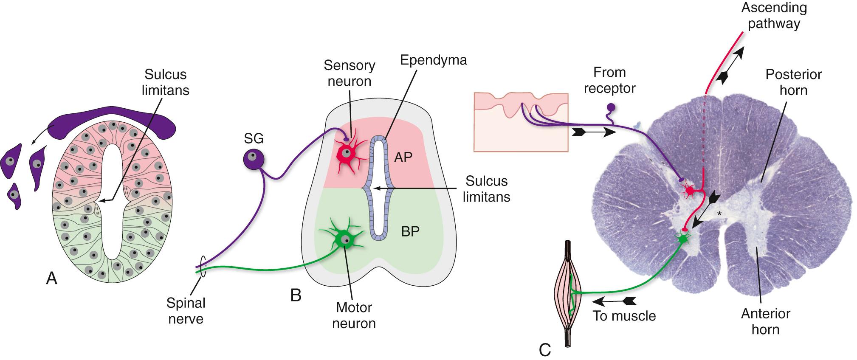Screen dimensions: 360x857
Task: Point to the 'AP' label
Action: pos(403,157)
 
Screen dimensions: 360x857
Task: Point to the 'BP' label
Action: pos(410,231)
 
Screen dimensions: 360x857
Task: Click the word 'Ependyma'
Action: pos(433,60)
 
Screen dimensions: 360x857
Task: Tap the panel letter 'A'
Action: pos(51,279)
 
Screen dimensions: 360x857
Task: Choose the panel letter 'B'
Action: pos(296,295)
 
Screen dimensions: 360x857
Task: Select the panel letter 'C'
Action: pos(544,349)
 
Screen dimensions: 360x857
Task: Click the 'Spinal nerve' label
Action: pos(186,311)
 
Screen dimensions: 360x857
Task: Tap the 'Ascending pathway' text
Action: pos(774,15)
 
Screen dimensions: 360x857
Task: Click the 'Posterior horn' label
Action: pos(793,82)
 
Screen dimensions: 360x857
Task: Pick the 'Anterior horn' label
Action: pos(765,321)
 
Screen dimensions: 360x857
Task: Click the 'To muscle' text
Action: pos(624,316)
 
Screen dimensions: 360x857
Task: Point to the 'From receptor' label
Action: pos(609,80)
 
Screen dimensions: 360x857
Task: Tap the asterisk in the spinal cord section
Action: pos(719,214)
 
